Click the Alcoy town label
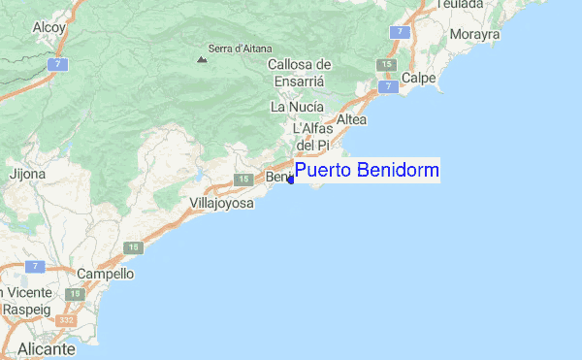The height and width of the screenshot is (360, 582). point(48,28)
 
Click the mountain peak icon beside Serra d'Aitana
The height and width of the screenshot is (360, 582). point(202,59)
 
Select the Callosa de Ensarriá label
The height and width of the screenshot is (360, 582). point(300,74)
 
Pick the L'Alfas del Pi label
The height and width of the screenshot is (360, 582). point(313,136)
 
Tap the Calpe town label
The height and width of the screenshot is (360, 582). point(418,77)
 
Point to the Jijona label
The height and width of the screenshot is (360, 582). point(27,176)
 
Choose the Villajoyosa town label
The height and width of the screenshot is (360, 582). point(221,204)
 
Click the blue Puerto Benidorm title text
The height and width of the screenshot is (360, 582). point(367,172)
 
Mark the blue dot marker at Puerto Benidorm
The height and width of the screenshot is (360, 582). point(290,180)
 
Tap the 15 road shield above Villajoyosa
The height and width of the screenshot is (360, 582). point(133,248)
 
